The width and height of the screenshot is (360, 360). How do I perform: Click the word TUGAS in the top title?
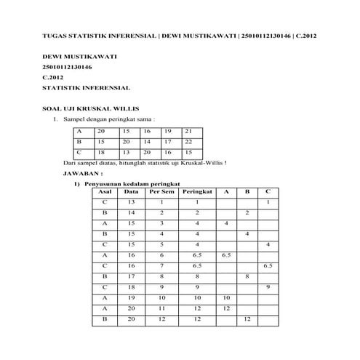point(54,34)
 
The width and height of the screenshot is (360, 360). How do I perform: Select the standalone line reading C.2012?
point(54,76)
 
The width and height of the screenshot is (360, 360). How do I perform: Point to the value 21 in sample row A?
point(188,130)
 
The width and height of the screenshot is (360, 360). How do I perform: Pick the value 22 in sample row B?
point(188,141)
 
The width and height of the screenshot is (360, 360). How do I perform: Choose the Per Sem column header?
point(161,191)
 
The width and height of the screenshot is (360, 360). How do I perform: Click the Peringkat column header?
point(197,191)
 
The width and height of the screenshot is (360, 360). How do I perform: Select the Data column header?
point(131,191)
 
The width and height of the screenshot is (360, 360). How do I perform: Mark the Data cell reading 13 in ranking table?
point(131,201)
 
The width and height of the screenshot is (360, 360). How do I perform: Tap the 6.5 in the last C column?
point(268,266)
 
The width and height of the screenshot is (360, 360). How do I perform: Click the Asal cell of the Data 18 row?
point(105,287)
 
